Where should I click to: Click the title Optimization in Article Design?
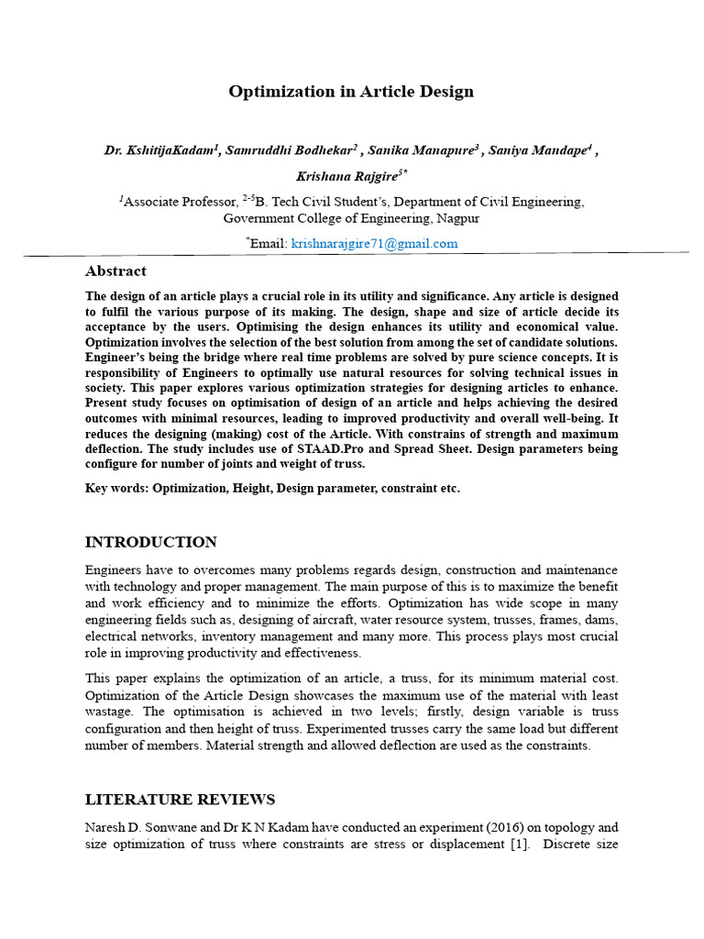point(351,91)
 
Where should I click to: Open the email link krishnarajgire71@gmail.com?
point(374,243)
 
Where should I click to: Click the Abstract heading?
point(115,271)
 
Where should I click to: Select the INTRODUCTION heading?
point(151,542)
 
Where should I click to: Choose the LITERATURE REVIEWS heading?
point(180,800)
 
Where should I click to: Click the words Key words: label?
point(116,489)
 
